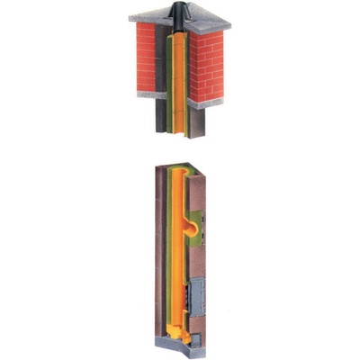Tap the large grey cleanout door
click(x=199, y=295)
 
